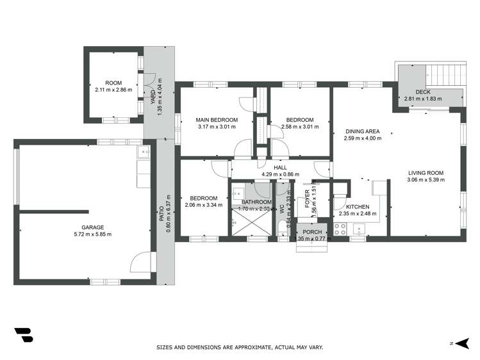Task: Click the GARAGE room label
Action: coord(92,227)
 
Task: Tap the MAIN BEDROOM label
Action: coord(217,120)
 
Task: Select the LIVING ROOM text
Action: coord(425,172)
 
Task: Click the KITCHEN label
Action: coord(357,207)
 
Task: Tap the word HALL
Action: coord(280,167)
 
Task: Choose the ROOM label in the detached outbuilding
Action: coord(113,83)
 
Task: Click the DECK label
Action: coord(422,92)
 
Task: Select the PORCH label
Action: coord(312,232)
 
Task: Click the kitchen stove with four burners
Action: coord(340,229)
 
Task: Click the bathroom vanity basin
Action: coord(238,192)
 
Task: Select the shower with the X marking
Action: coord(249,224)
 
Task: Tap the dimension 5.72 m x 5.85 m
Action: coord(92,234)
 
